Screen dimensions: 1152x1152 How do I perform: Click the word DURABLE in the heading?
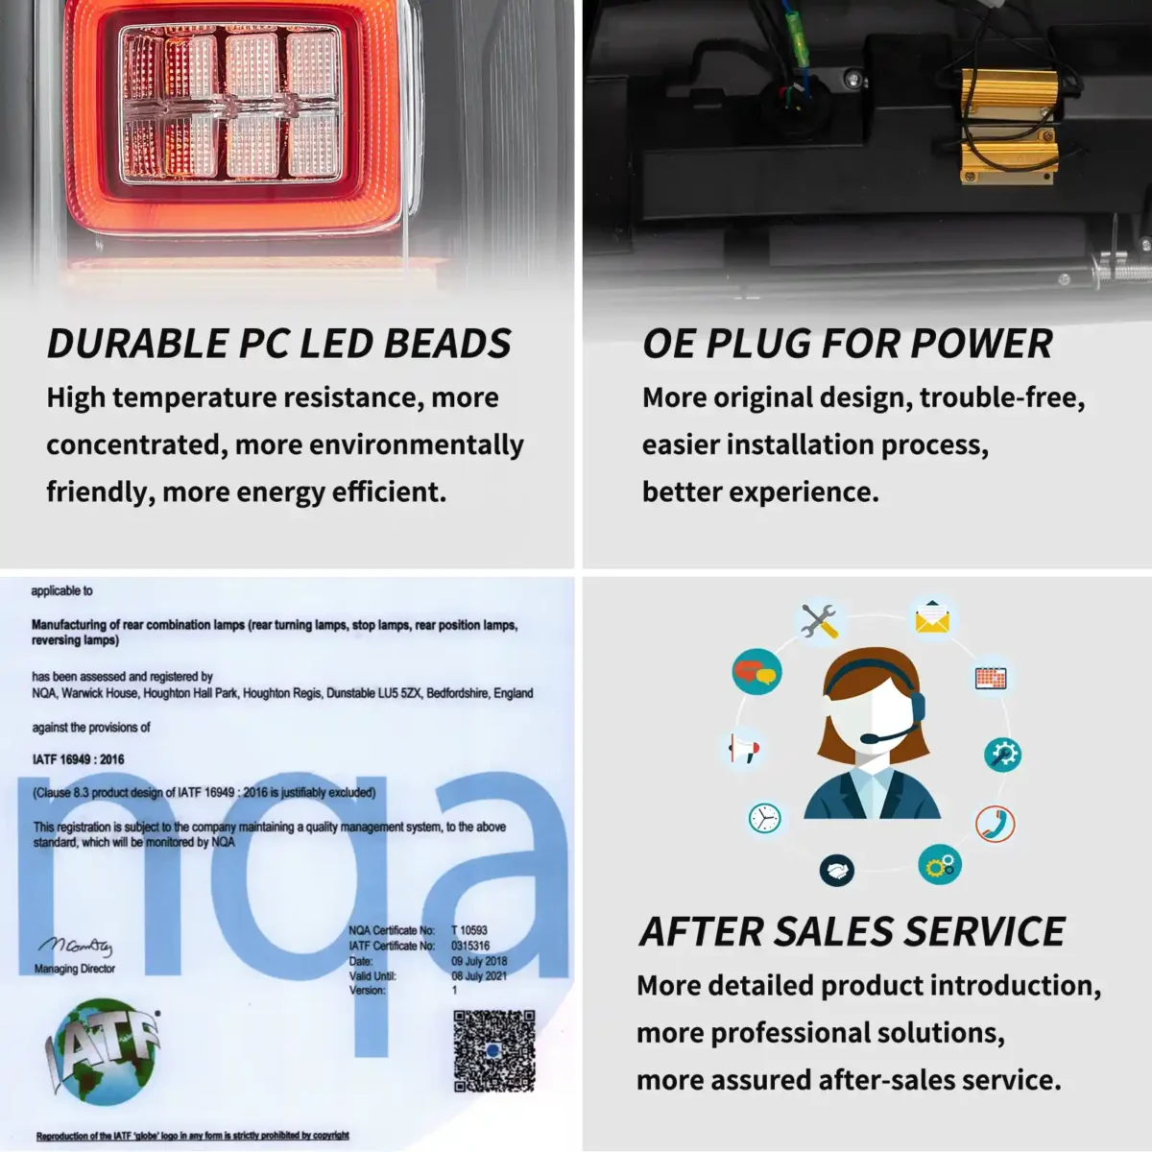coord(138,343)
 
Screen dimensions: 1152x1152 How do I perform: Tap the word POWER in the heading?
coord(981,343)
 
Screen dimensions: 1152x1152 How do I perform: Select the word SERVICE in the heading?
coord(984,931)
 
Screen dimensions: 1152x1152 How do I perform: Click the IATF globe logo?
coord(103,1051)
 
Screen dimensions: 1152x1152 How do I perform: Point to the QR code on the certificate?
coord(493,1051)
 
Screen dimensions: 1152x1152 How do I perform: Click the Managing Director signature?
coord(75,946)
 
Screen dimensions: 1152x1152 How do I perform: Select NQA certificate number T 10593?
coord(469,930)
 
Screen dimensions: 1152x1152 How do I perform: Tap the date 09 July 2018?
coord(479,961)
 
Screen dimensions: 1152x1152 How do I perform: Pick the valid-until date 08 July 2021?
coord(479,975)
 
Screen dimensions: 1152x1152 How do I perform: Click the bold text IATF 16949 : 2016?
coord(79,759)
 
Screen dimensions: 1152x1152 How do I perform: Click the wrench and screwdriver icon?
coord(819,620)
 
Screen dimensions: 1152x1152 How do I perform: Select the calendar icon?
coord(991,679)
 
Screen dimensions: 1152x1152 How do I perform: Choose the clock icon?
coord(764,817)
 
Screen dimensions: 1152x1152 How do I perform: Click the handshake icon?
coord(837,870)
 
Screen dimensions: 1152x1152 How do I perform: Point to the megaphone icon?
coord(744,748)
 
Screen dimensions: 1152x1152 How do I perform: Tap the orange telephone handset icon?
coord(995,824)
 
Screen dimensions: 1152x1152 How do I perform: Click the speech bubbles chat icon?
coord(756,672)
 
